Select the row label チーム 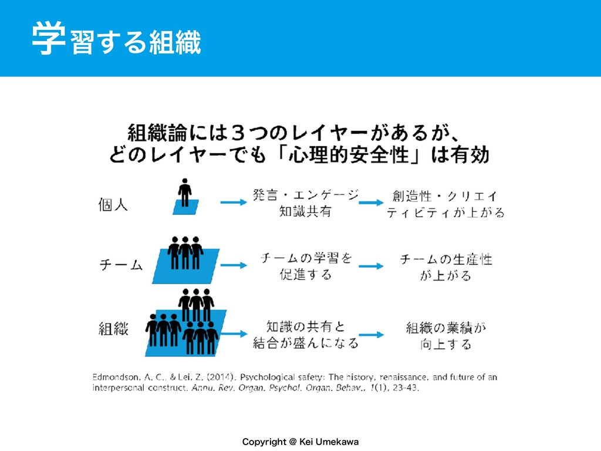(x=120, y=266)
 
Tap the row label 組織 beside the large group (x=113, y=329)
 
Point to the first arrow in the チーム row (x=233, y=265)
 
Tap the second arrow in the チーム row (x=372, y=265)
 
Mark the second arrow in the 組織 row (x=372, y=334)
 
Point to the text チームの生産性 (x=446, y=259)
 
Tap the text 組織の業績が (x=446, y=327)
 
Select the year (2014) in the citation (x=221, y=376)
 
